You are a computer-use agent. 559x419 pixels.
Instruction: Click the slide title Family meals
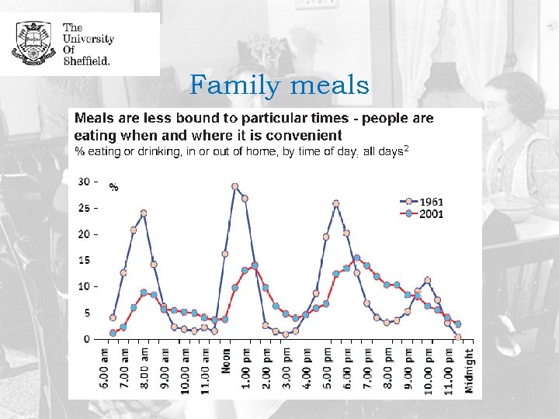click(x=279, y=85)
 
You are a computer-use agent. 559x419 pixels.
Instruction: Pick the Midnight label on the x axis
click(x=468, y=371)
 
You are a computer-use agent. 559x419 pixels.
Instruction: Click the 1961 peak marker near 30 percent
click(x=234, y=186)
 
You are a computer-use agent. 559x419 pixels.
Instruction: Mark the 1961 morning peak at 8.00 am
click(x=144, y=213)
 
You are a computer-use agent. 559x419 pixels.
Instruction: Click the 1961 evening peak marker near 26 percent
click(x=335, y=203)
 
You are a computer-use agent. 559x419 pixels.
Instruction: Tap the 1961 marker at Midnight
click(x=458, y=338)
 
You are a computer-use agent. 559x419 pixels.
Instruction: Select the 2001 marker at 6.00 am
click(x=113, y=333)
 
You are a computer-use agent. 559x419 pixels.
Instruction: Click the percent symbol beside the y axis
click(x=114, y=187)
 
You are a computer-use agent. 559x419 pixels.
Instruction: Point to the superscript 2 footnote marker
click(x=405, y=148)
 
